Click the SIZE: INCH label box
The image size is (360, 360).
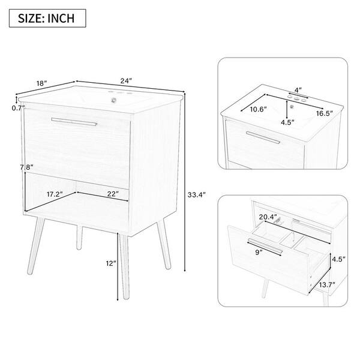[x=47, y=19]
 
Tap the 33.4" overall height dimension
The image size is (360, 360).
[x=197, y=195]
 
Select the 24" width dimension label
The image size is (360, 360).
[x=126, y=81]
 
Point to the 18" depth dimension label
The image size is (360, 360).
[x=41, y=83]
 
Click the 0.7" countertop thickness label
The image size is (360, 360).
[x=18, y=107]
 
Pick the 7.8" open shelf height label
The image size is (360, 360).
[x=26, y=167]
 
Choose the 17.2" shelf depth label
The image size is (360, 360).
[x=55, y=194]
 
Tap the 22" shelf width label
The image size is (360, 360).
[x=113, y=194]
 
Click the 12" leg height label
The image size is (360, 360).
[x=111, y=263]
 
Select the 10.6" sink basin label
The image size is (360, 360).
[x=258, y=109]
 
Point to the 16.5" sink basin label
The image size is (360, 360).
[x=325, y=113]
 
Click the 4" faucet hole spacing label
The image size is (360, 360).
[x=298, y=90]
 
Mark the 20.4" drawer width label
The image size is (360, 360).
[x=268, y=217]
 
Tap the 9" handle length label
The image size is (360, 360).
[x=259, y=253]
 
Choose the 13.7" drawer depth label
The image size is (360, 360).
[x=327, y=285]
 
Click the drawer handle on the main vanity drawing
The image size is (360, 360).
[x=74, y=122]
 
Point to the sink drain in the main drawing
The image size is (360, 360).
[x=113, y=100]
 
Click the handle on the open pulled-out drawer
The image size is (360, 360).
[x=265, y=246]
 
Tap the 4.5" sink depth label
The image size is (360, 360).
[x=287, y=122]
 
